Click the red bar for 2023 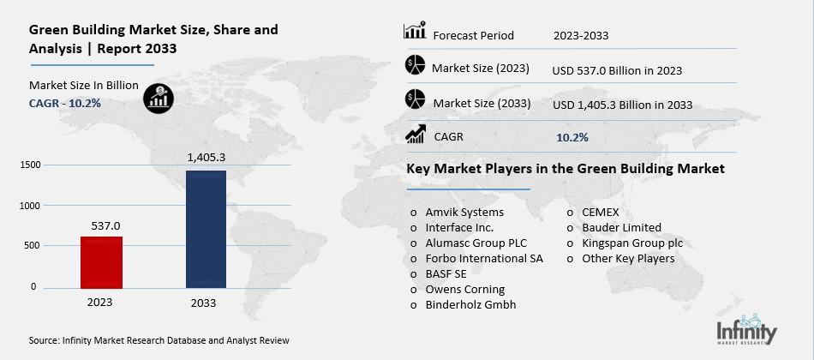[x=101, y=261]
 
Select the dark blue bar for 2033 [x=206, y=228]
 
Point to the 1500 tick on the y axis [x=29, y=165]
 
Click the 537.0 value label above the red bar [x=103, y=225]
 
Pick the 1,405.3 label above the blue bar [x=206, y=158]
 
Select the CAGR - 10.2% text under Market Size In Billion [x=65, y=103]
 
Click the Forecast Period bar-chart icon [x=415, y=33]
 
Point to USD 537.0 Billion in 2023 [x=617, y=70]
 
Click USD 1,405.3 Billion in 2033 [x=623, y=105]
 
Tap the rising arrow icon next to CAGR [x=416, y=135]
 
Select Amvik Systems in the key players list [x=464, y=213]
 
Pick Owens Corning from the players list [x=465, y=290]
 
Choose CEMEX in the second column [x=600, y=213]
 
